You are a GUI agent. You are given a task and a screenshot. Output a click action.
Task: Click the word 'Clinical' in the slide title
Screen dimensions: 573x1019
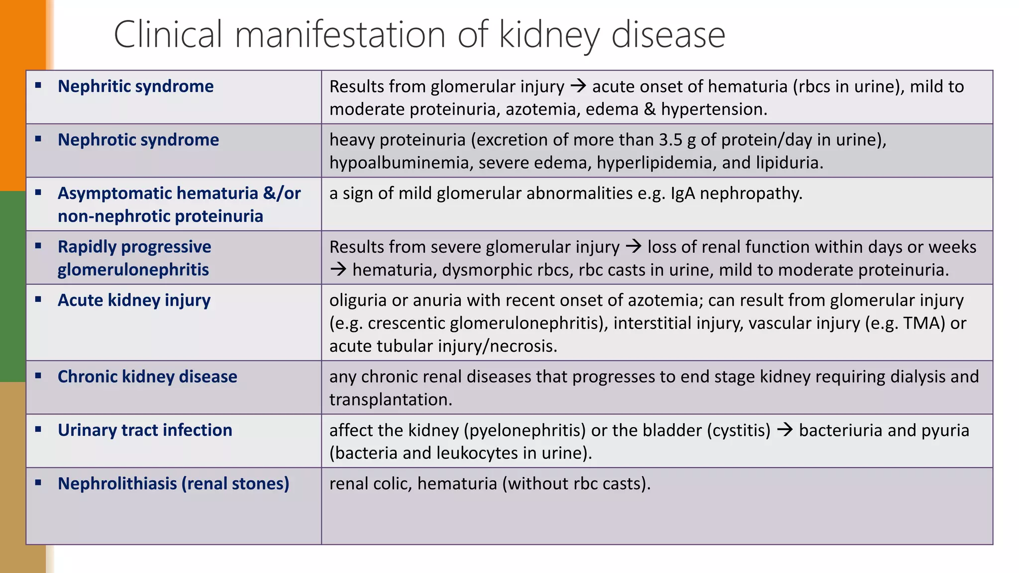click(168, 35)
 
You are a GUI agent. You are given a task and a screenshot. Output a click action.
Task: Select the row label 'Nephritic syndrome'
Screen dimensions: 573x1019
click(135, 87)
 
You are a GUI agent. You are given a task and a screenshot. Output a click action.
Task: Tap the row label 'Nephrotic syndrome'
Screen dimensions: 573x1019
click(138, 140)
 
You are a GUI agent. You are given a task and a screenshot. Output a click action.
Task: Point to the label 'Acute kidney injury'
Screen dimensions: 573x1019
click(134, 300)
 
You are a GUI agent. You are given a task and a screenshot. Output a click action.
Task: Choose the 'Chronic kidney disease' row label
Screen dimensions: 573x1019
click(147, 377)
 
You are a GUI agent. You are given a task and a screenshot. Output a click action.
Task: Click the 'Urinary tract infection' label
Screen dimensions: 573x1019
click(145, 430)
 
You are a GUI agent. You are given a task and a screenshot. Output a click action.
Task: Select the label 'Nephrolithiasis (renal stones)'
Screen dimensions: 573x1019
click(173, 483)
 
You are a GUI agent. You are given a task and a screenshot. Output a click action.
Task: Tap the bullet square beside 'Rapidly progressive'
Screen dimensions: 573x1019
click(38, 246)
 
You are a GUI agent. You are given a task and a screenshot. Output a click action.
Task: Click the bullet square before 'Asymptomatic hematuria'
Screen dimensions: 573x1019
click(38, 192)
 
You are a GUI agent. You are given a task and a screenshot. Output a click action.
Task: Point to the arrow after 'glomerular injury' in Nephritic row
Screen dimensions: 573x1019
click(578, 87)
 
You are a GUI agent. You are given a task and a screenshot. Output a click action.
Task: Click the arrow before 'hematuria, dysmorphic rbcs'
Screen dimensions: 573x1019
click(338, 270)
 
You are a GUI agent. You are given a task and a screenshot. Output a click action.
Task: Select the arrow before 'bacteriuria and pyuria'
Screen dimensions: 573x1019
click(785, 430)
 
